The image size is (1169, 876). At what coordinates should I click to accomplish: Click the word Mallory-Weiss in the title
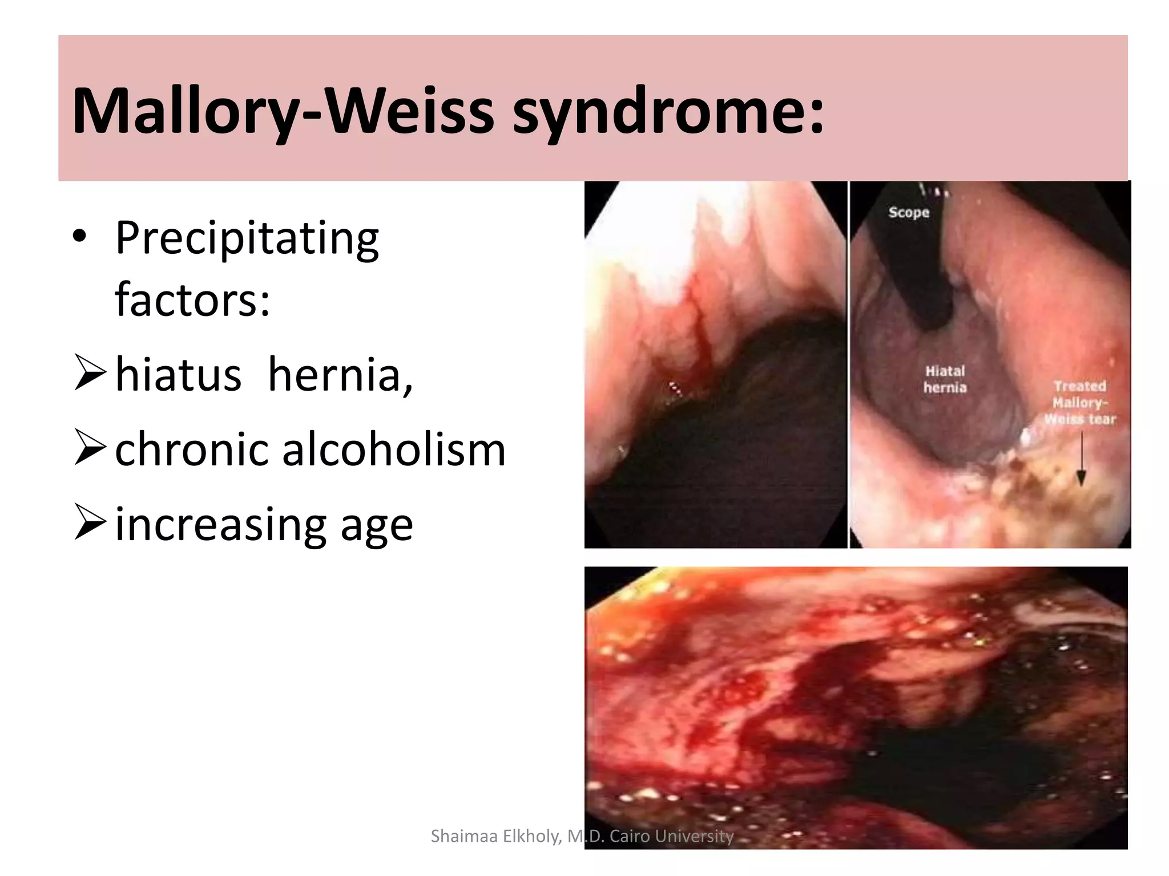(283, 111)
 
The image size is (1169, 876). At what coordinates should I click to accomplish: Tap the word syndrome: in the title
(668, 111)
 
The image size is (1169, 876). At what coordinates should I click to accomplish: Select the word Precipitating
(247, 238)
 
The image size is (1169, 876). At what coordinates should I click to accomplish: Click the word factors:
(192, 300)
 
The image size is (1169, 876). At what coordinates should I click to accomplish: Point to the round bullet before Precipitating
(80, 236)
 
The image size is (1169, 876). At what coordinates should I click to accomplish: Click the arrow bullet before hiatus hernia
(90, 372)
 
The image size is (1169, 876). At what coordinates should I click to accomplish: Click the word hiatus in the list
(178, 375)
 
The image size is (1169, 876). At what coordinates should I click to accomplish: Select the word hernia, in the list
(340, 375)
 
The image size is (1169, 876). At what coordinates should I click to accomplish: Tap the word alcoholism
(394, 449)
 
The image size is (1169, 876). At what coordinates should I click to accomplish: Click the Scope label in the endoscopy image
(909, 213)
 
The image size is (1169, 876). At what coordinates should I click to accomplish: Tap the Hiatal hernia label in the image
(945, 379)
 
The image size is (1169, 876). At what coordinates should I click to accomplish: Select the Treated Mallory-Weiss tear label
(1080, 403)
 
